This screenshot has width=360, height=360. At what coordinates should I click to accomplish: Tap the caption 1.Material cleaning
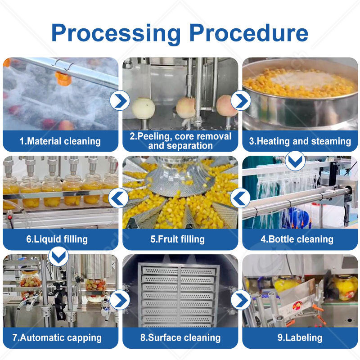click(60, 141)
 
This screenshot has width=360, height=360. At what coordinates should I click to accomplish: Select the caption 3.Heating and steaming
click(300, 141)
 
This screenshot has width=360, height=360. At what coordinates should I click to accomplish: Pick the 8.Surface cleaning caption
click(180, 337)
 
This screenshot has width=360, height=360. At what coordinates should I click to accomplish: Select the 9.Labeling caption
click(300, 337)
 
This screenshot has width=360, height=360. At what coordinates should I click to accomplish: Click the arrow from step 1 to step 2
click(120, 100)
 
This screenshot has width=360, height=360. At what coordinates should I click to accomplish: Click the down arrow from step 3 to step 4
click(295, 160)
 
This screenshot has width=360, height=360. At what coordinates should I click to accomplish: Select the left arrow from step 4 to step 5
click(240, 197)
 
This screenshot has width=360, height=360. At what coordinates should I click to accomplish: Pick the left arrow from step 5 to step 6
click(119, 197)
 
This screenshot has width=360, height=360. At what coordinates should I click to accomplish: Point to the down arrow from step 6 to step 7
click(58, 257)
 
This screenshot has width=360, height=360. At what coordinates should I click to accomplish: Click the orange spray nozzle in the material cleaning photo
click(63, 79)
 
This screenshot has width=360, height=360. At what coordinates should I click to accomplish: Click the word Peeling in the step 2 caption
click(151, 136)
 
